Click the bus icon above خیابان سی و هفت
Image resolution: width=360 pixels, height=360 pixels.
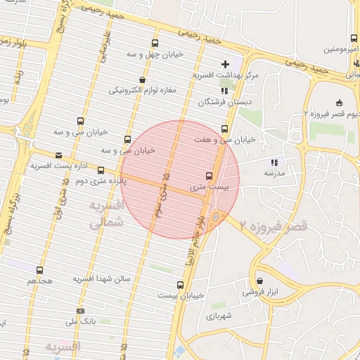(x=224, y=129)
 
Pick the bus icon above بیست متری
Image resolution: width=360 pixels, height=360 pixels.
(x=209, y=176)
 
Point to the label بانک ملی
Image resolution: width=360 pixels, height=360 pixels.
(x=79, y=321)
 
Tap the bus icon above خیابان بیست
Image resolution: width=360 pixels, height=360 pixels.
(x=181, y=285)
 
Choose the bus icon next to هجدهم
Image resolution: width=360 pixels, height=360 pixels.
(x=39, y=270)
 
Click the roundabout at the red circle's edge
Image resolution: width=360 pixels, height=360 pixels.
(x=216, y=217)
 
